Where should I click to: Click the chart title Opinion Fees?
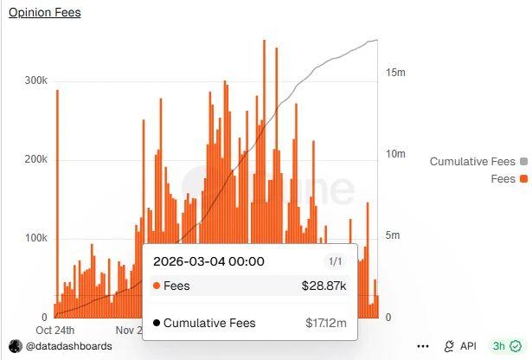pyautogui.click(x=44, y=13)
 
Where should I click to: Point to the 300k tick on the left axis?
pyautogui.click(x=35, y=80)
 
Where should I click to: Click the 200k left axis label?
pyautogui.click(x=35, y=160)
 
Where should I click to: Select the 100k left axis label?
pyautogui.click(x=35, y=239)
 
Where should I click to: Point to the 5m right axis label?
pyautogui.click(x=394, y=235)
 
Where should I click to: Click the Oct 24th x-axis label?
pyautogui.click(x=54, y=330)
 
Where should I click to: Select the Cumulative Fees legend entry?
pyautogui.click(x=472, y=162)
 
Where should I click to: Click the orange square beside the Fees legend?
pyautogui.click(x=523, y=179)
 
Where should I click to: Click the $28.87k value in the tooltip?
pyautogui.click(x=324, y=286)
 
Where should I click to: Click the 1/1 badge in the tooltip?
pyautogui.click(x=334, y=261)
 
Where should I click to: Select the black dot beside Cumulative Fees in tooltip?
pyautogui.click(x=156, y=324)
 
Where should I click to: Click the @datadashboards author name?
pyautogui.click(x=68, y=346)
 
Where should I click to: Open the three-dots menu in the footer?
pyautogui.click(x=423, y=346)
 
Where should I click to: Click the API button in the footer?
pyautogui.click(x=460, y=346)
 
